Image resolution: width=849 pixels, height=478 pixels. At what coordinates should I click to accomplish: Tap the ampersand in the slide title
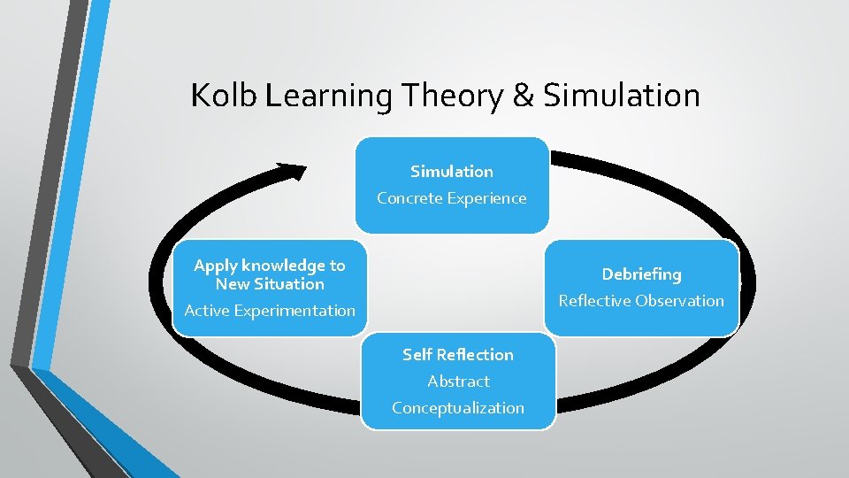(x=524, y=96)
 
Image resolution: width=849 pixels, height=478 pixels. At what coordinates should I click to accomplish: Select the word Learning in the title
(x=328, y=96)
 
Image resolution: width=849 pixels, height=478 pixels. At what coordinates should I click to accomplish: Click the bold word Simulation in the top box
(x=452, y=171)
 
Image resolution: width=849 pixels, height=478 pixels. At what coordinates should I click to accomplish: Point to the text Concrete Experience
(x=451, y=198)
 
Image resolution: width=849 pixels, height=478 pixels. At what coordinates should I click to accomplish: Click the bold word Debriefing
(x=641, y=274)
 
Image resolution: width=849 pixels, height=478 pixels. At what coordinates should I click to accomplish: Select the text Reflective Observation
(x=641, y=301)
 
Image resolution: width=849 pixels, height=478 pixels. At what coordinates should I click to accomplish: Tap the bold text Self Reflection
(x=457, y=354)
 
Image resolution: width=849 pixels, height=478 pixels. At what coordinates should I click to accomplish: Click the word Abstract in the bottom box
(x=458, y=382)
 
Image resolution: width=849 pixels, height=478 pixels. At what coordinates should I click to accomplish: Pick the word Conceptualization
(x=458, y=408)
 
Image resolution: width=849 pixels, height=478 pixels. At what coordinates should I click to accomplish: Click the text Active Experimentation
(x=270, y=311)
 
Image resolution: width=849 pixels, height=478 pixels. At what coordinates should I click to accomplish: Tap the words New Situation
(x=270, y=284)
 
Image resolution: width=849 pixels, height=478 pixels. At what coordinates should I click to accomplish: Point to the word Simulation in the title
(x=621, y=96)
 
